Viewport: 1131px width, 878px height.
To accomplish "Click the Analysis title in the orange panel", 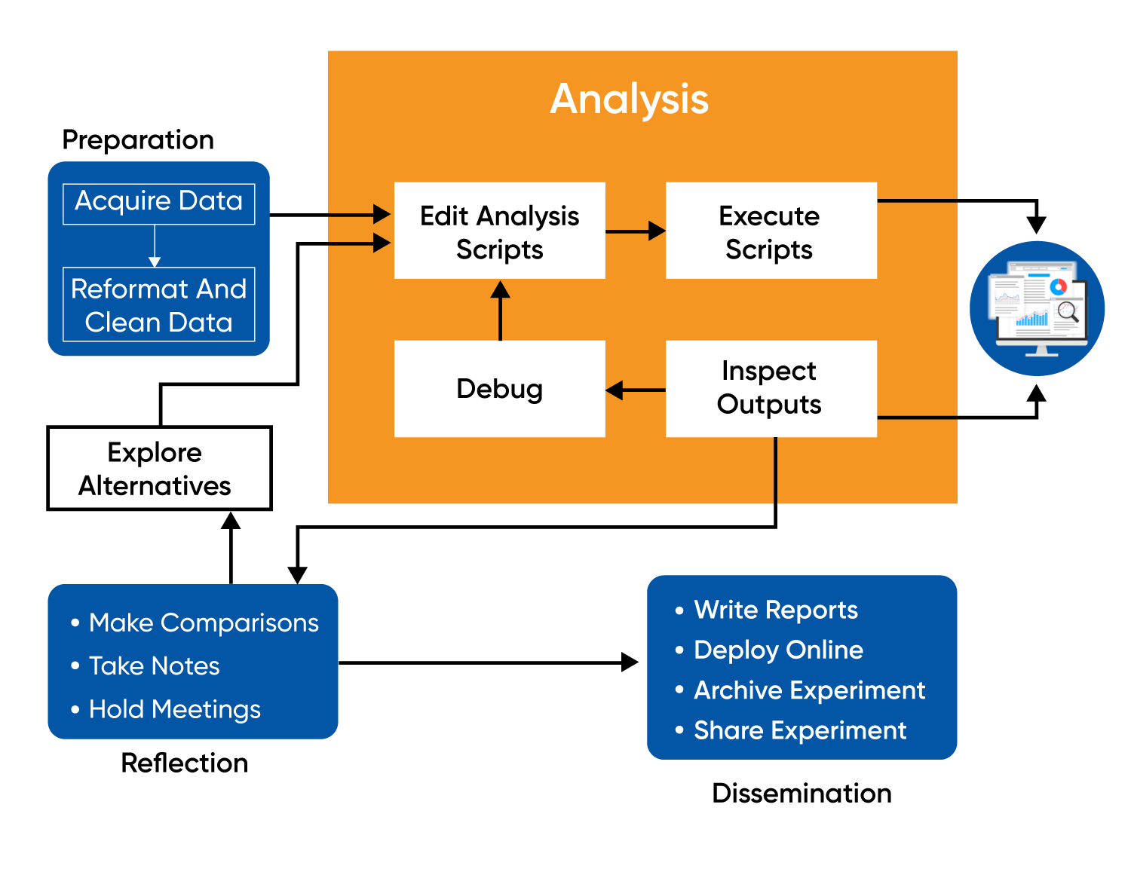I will click(x=630, y=99).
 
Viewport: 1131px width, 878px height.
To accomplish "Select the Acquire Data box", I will click(x=158, y=203).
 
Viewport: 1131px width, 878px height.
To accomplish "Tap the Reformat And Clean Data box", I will click(x=158, y=304).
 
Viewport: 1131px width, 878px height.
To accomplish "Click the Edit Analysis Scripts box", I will click(x=499, y=231).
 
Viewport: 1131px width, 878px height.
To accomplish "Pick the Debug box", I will click(x=499, y=389).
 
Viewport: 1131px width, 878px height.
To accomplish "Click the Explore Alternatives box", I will click(x=158, y=468).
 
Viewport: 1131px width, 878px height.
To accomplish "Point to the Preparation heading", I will click(x=138, y=140).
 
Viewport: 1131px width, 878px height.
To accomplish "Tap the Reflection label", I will click(x=185, y=763).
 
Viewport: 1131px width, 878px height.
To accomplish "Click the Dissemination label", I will click(x=802, y=793).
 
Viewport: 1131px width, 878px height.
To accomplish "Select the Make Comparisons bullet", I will click(x=203, y=623).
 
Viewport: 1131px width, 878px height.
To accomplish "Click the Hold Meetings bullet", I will click(x=174, y=709).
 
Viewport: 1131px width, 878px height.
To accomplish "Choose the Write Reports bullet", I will click(x=775, y=609).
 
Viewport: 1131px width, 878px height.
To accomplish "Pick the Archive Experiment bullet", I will click(x=809, y=690).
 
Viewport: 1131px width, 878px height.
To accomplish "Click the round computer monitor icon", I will click(x=1037, y=308).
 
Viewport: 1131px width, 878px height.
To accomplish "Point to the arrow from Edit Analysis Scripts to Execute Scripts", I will click(x=635, y=231).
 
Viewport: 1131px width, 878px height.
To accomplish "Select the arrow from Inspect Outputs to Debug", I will click(x=635, y=390).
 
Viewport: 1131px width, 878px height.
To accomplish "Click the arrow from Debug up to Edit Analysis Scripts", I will click(x=500, y=311).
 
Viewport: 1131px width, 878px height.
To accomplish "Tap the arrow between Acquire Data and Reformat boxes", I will click(x=155, y=246).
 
